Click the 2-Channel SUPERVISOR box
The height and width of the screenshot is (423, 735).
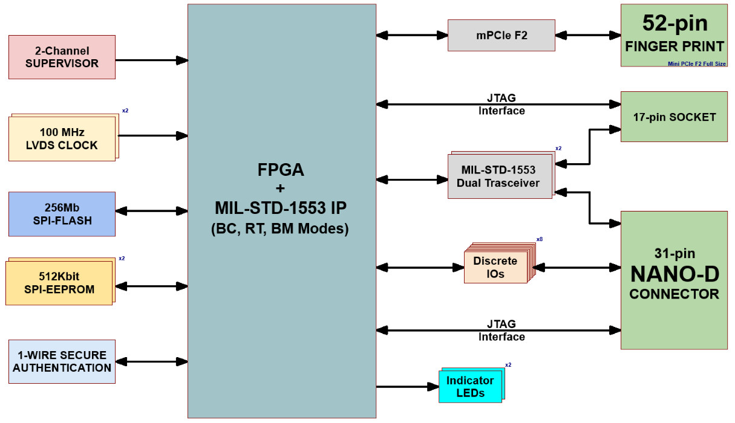click(x=62, y=57)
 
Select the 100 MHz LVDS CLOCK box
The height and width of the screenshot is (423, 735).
click(x=62, y=138)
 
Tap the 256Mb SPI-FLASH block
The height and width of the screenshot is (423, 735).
click(x=62, y=213)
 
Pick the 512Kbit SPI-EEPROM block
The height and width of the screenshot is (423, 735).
click(x=59, y=282)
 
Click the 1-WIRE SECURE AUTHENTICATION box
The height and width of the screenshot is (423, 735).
click(x=62, y=361)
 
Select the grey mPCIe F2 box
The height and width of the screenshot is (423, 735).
click(x=501, y=36)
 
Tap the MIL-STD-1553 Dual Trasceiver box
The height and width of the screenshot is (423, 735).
click(x=500, y=176)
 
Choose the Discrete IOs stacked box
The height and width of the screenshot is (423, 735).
click(x=495, y=266)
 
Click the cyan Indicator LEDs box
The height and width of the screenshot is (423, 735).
click(x=470, y=386)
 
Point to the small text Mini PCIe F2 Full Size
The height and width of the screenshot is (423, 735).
click(x=696, y=63)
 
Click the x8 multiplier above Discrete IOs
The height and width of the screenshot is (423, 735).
click(x=539, y=239)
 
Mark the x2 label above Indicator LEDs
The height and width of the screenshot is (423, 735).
click(x=508, y=365)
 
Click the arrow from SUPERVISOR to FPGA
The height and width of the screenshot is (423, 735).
click(x=151, y=60)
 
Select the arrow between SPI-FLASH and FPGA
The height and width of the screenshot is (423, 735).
click(x=151, y=211)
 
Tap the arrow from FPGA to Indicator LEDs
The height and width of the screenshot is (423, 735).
click(x=407, y=387)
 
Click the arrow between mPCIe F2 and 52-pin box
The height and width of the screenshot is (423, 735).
click(x=587, y=36)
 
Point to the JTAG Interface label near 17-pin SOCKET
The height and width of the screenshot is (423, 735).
click(x=501, y=105)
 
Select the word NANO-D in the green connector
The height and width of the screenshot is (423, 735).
click(x=675, y=274)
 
